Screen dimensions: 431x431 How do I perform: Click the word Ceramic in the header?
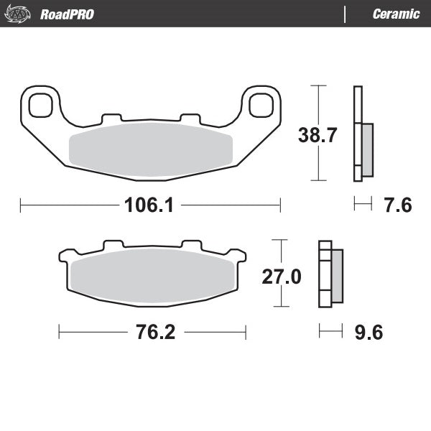point(396,14)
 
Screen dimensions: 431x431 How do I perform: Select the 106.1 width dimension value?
point(150,205)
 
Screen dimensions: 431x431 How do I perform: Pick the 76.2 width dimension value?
point(152,332)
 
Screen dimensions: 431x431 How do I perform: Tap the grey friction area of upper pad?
point(150,147)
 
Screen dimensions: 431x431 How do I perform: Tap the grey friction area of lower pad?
point(152,277)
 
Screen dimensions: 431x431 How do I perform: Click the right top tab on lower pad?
point(190,245)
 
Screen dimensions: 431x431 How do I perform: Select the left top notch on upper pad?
point(111,117)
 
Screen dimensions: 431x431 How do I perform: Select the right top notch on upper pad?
point(189,117)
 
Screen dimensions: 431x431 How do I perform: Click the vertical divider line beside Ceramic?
point(346,14)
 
